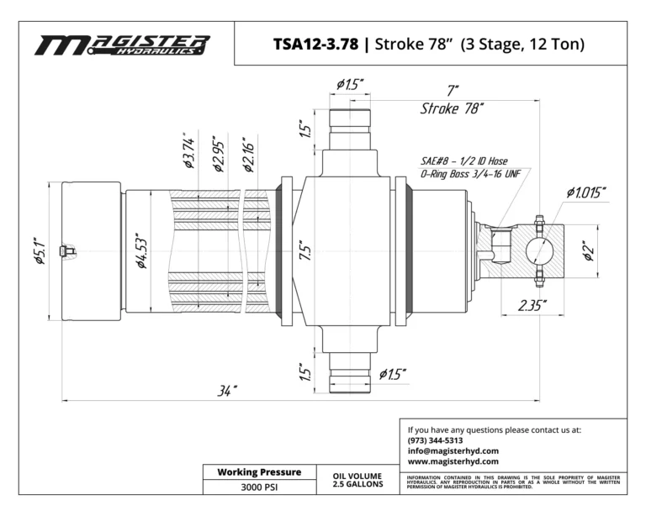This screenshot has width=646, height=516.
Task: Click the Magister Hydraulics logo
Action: (122, 45)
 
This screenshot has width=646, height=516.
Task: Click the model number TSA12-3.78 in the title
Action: (316, 44)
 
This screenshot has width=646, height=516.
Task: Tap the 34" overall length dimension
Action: (227, 391)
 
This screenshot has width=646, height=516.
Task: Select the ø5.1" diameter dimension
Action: (40, 250)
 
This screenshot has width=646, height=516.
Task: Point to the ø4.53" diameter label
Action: (141, 251)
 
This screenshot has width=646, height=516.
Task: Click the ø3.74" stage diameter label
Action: (188, 150)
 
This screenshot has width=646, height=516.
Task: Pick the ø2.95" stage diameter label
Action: (220, 154)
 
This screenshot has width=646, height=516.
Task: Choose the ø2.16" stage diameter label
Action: (248, 155)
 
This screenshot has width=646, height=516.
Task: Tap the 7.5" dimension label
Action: (305, 250)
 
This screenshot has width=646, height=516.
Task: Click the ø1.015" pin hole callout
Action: (585, 192)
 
